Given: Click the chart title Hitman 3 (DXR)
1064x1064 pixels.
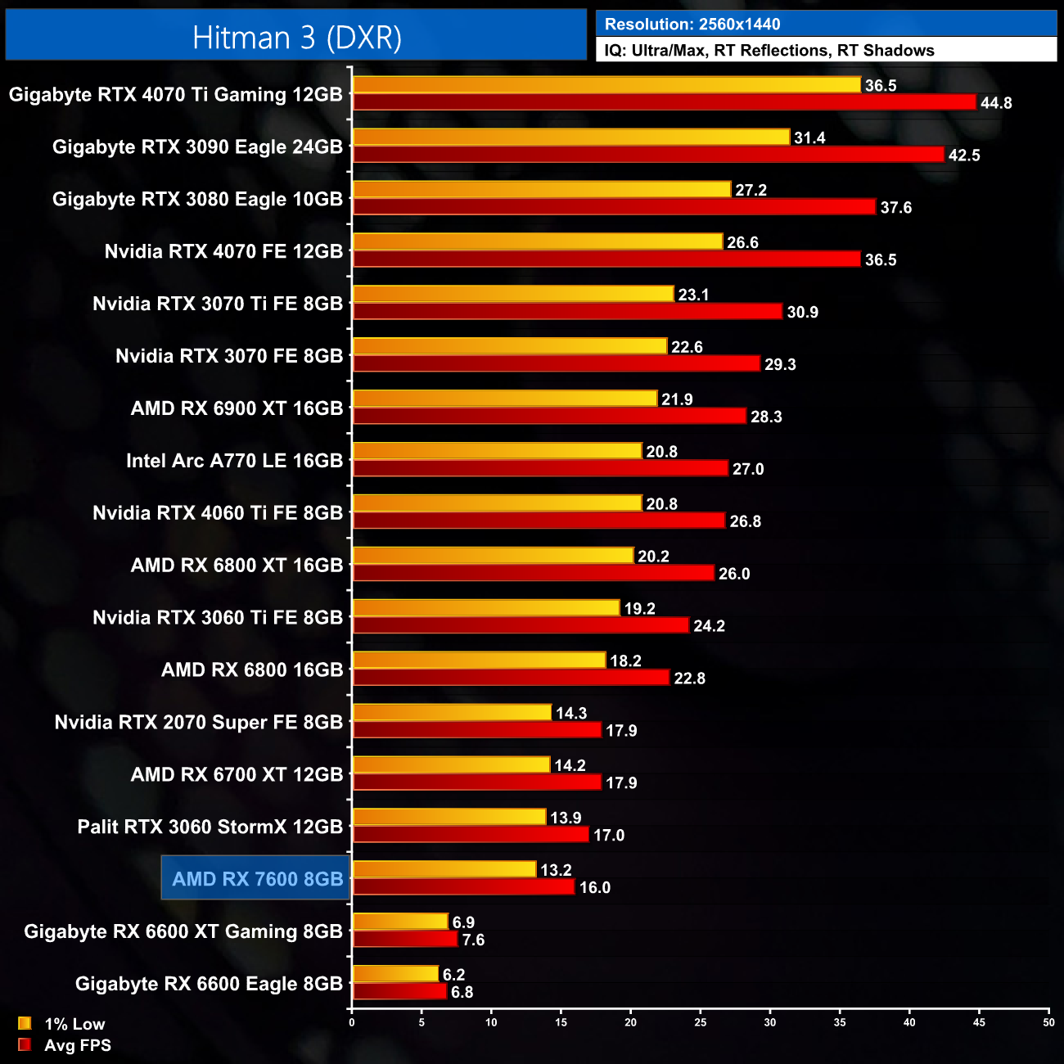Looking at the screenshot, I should tap(296, 38).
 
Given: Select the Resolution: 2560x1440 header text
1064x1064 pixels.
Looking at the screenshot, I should tap(692, 25).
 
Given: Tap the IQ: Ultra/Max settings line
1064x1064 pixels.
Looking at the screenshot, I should tap(769, 51).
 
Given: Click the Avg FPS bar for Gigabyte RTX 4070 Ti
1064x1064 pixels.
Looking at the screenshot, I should tap(664, 102).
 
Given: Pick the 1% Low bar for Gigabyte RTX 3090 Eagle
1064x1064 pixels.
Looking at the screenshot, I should tap(570, 138).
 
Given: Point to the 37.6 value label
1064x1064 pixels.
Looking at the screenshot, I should tap(895, 208).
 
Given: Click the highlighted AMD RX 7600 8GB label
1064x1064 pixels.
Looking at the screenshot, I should tap(257, 879).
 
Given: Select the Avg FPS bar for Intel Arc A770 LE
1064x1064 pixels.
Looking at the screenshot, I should tap(540, 469).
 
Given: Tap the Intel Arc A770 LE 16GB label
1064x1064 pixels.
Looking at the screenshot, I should tap(234, 461).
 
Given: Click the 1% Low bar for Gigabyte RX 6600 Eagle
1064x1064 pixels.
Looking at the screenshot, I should tap(395, 975).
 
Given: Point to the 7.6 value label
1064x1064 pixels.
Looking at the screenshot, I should tap(473, 940).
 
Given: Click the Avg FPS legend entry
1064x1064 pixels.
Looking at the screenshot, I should tap(65, 1045).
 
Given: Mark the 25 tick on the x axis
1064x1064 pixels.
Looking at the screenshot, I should tap(701, 1022).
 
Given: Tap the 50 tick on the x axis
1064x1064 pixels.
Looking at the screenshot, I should tap(1048, 1022).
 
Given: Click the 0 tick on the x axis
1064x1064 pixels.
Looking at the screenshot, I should tap(352, 1022).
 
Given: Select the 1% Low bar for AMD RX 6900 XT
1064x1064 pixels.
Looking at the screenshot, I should tap(504, 399).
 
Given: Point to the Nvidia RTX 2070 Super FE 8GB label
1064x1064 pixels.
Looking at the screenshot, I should tap(199, 723).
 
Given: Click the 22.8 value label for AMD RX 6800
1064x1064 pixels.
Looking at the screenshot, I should tap(689, 679).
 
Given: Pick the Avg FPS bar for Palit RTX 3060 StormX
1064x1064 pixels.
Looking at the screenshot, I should tap(471, 835).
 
